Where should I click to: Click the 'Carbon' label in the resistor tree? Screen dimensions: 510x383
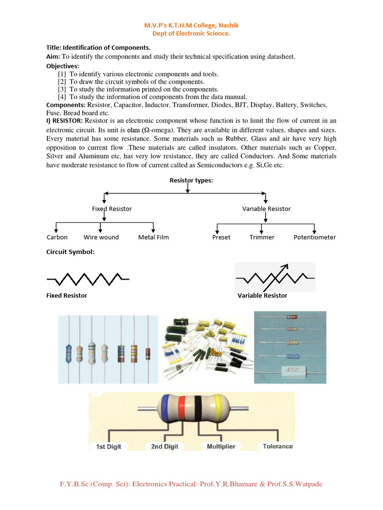[57, 237]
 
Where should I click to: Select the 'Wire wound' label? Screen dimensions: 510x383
[101, 237]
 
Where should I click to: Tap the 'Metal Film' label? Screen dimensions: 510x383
[153, 237]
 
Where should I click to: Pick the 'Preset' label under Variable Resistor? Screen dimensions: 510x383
[221, 237]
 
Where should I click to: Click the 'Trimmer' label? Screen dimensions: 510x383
[262, 237]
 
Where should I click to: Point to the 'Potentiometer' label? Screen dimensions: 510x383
[314, 237]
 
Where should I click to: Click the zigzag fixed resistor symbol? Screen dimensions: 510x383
[87, 278]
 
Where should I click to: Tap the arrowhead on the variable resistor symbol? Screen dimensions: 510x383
[286, 266]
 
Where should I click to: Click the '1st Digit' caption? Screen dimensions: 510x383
[108, 446]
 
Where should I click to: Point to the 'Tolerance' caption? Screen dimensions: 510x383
[278, 446]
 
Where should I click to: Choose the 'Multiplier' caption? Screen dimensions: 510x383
[221, 446]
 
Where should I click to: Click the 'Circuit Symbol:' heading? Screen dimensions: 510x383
[70, 252]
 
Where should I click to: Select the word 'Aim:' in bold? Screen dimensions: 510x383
[53, 57]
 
